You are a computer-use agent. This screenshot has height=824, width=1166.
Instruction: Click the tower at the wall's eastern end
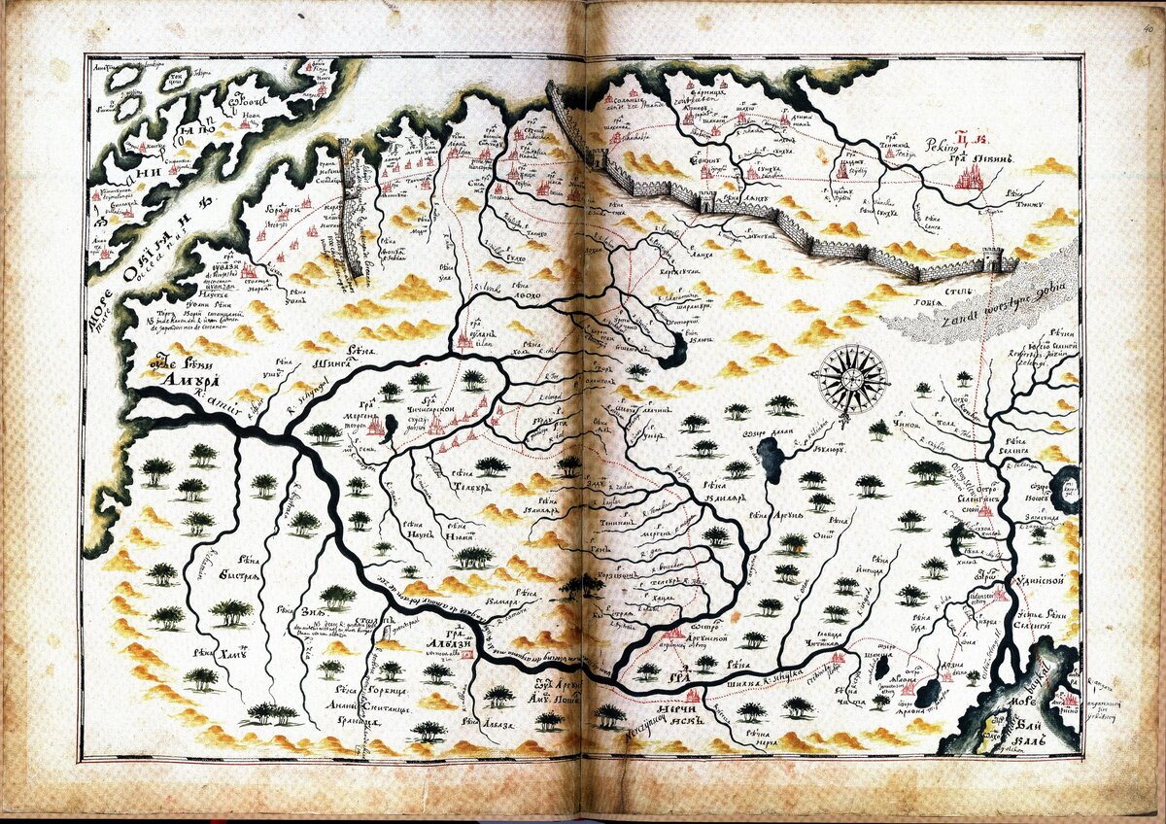coord(992,258)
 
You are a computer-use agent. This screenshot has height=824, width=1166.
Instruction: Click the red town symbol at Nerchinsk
coord(693,696)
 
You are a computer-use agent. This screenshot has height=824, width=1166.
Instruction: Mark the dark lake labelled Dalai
coord(773,454)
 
